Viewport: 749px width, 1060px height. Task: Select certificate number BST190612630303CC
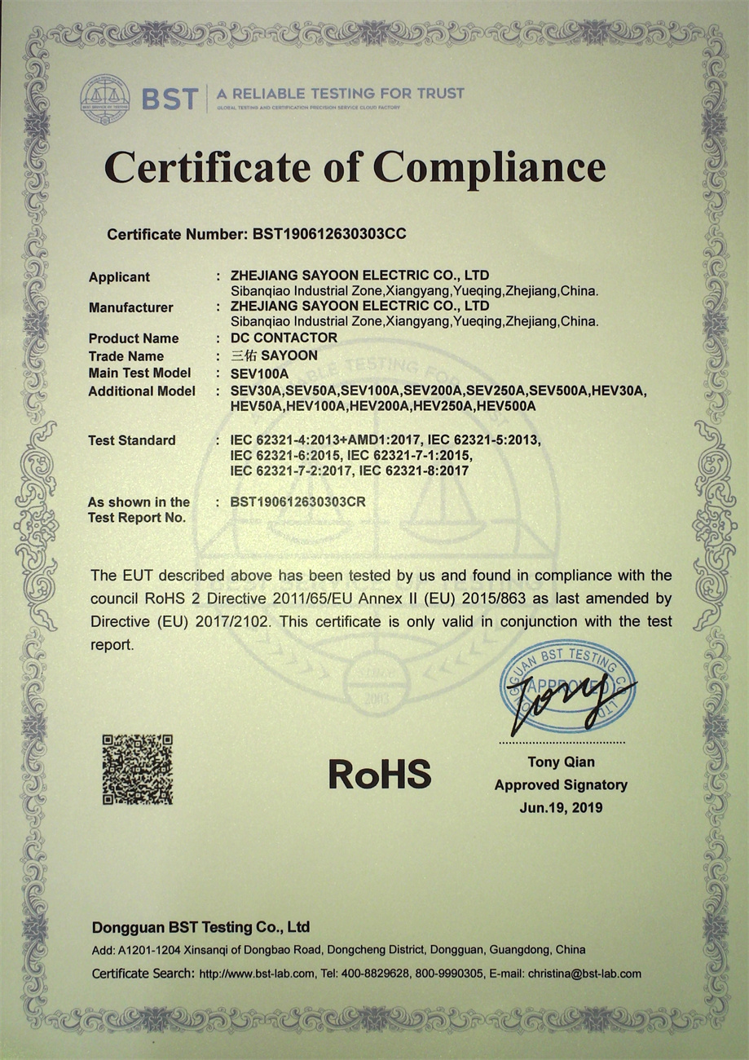click(x=329, y=234)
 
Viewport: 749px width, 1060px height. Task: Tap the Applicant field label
click(x=119, y=277)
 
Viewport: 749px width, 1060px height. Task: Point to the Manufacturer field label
click(x=130, y=307)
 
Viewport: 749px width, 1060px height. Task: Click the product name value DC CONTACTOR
click(x=284, y=338)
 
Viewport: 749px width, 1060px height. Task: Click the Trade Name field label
click(x=126, y=356)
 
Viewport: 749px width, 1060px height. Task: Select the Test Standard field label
click(x=131, y=440)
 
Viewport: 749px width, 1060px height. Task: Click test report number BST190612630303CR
click(x=298, y=502)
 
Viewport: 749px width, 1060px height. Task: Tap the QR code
click(x=137, y=770)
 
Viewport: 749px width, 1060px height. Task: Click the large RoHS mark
click(x=380, y=773)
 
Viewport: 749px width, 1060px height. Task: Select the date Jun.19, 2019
click(x=561, y=808)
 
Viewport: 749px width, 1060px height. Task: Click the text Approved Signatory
click(x=561, y=785)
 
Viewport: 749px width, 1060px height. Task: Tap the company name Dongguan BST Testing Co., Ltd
click(x=200, y=928)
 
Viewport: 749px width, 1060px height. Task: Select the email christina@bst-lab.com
click(x=584, y=974)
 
